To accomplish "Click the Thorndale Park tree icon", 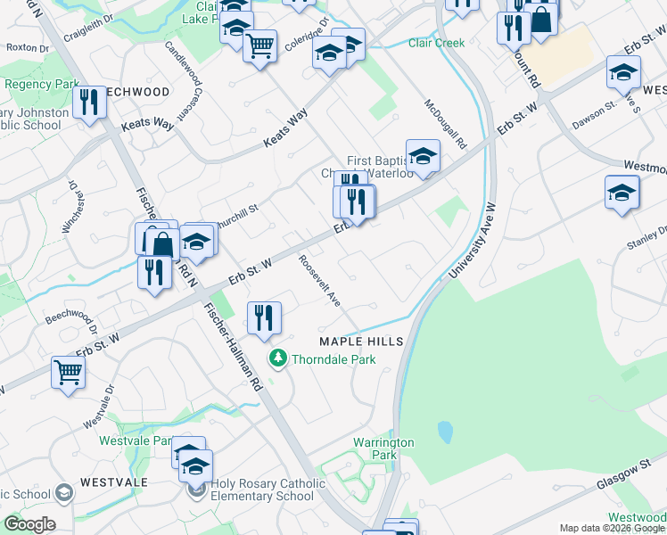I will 278,359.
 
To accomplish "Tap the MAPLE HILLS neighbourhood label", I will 362,342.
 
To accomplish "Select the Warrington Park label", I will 383,449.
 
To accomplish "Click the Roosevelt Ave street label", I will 319,281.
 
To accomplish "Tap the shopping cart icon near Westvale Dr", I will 68,373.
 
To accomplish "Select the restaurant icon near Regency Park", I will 89,103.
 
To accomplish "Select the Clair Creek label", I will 437,43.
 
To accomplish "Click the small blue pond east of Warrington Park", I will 444,433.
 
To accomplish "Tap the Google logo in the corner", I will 29,524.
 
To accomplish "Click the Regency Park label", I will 43,84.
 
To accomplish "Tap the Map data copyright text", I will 612,528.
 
